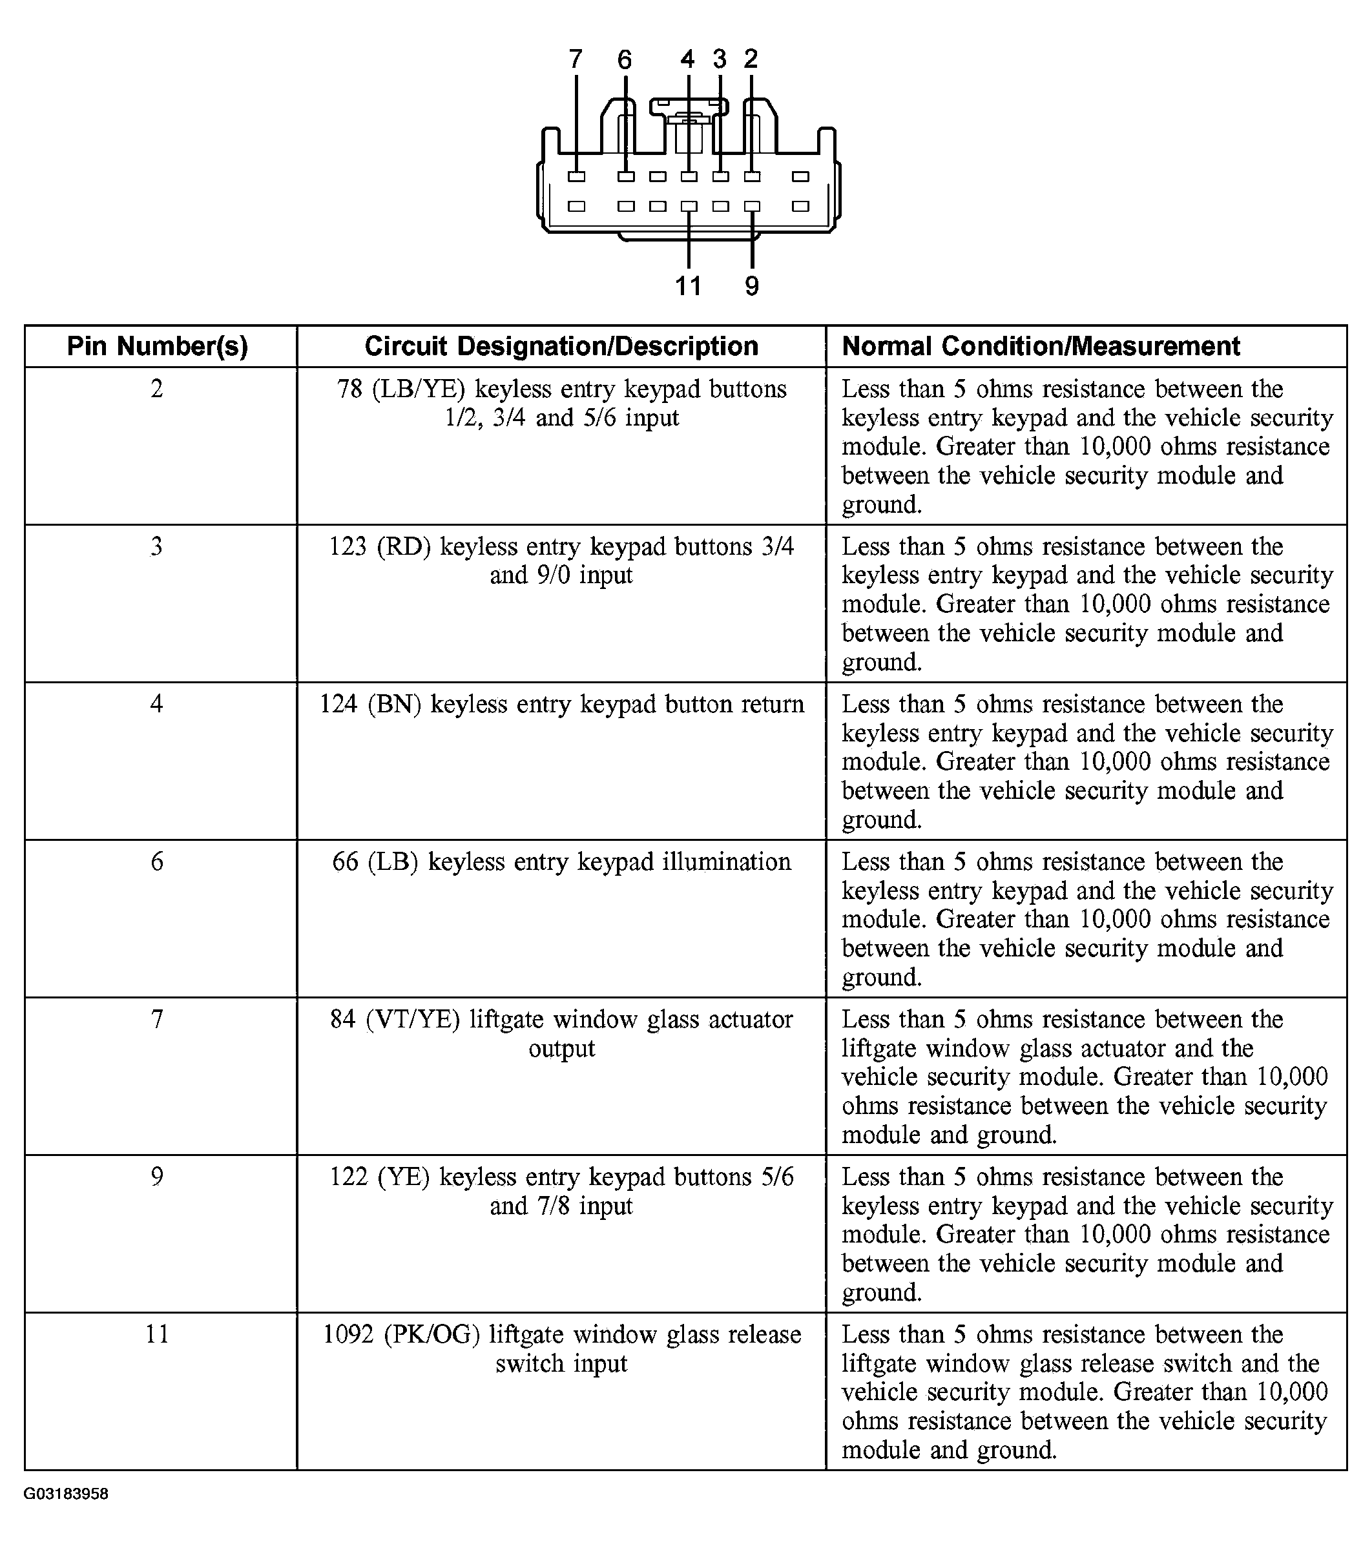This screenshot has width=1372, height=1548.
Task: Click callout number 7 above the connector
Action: click(576, 59)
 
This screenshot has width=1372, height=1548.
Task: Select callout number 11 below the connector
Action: click(688, 286)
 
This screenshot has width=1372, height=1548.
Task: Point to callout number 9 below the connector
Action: click(751, 286)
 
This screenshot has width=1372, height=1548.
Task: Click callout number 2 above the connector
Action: click(751, 58)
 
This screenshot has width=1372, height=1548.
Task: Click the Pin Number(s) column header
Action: click(158, 346)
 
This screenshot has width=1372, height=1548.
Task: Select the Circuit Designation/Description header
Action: click(561, 346)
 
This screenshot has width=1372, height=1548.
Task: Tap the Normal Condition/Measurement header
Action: click(1041, 346)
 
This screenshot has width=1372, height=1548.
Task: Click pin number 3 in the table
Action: click(157, 546)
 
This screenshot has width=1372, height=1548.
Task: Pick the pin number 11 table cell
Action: click(157, 1334)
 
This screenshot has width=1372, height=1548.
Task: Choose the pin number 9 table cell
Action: click(157, 1176)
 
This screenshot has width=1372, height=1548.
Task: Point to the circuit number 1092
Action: click(349, 1334)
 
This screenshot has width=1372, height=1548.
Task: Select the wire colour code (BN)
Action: click(394, 705)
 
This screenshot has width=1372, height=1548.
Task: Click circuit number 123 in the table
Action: click(348, 547)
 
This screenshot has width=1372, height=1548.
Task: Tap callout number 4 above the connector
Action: click(687, 59)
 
